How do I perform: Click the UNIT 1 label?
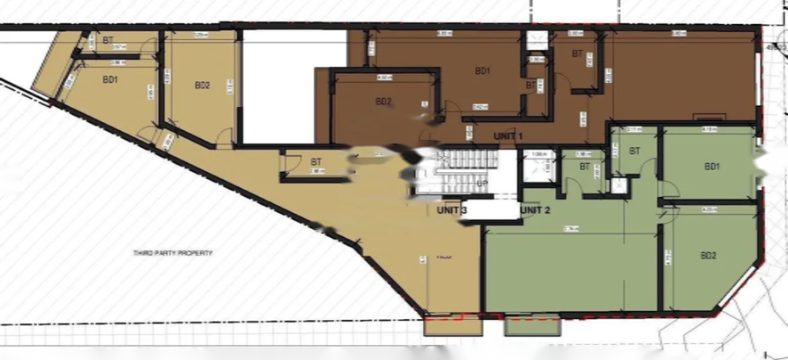click(508, 136)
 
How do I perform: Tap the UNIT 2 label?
click(535, 210)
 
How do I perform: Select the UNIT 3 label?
click(452, 210)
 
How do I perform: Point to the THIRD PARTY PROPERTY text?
click(172, 253)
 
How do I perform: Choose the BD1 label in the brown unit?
click(482, 72)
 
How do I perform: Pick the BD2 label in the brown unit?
click(384, 102)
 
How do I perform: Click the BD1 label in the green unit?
click(712, 167)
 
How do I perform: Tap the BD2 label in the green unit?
click(709, 256)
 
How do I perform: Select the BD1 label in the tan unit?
click(110, 79)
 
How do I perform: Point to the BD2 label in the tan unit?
click(202, 85)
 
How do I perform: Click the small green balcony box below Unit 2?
click(532, 325)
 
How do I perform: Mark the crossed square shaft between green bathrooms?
click(618, 185)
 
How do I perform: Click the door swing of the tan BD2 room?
click(224, 138)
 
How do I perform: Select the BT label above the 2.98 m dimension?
click(316, 162)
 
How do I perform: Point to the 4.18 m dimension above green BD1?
click(709, 129)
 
